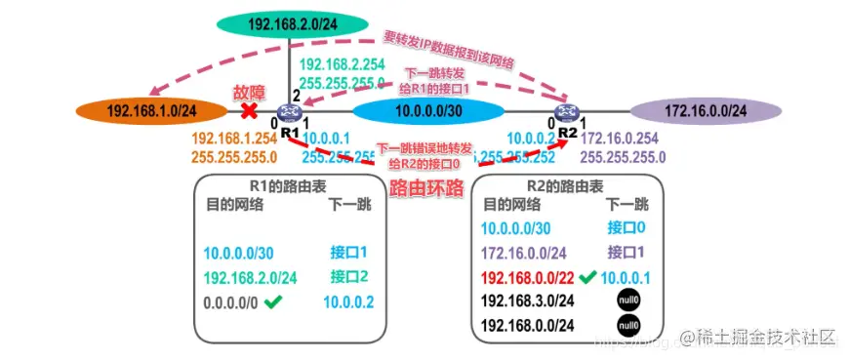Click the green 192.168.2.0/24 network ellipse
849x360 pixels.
(292, 23)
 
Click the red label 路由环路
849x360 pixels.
(425, 188)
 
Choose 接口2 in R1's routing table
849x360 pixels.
(349, 275)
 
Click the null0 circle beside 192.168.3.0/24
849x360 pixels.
(627, 300)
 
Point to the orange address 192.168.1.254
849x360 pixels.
(235, 140)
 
